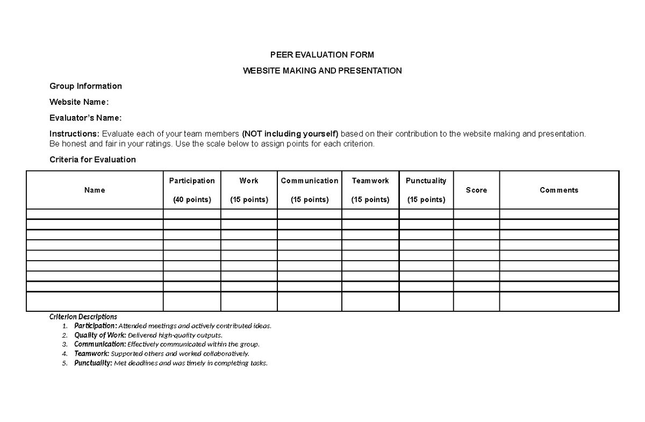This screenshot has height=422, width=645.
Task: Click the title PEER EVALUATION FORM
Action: tap(322, 55)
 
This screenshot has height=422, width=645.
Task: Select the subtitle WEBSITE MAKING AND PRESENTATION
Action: tap(322, 70)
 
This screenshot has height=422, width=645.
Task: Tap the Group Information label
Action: tap(85, 86)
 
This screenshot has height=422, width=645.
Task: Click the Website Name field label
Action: tap(79, 102)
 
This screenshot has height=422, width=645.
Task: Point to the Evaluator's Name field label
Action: tap(85, 118)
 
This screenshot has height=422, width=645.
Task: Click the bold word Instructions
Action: tap(74, 133)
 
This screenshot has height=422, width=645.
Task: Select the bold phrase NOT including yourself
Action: tap(290, 133)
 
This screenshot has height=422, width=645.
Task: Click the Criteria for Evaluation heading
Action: tap(92, 160)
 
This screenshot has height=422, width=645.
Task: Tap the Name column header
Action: tap(95, 190)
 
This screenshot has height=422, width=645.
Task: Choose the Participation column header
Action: tap(192, 181)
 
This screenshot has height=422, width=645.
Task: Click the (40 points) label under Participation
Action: tap(192, 199)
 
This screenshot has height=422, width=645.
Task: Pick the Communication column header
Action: tap(310, 181)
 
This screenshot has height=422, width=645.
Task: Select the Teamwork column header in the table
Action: tap(370, 181)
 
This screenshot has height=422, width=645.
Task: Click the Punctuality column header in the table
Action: tap(426, 181)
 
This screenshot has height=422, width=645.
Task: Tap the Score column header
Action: tap(476, 190)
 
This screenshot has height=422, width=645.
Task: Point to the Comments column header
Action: tap(559, 190)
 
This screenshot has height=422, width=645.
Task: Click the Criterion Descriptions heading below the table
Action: tap(83, 317)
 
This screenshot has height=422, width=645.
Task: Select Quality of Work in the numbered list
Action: tap(94, 335)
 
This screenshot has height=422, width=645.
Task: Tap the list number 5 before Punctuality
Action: tap(64, 363)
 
